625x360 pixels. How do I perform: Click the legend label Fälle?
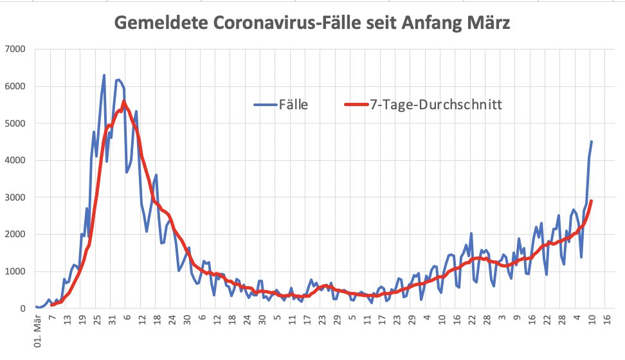(294, 104)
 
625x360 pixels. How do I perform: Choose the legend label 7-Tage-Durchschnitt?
(435, 104)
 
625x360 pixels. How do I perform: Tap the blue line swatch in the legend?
(266, 104)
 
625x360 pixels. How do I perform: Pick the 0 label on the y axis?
(21, 309)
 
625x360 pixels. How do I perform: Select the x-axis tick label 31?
(111, 319)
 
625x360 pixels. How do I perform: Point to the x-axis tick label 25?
(96, 319)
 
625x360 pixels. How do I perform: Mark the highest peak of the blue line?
(104, 75)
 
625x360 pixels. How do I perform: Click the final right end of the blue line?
(592, 141)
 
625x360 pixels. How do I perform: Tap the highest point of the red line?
(123, 102)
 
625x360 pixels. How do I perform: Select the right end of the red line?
(592, 201)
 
